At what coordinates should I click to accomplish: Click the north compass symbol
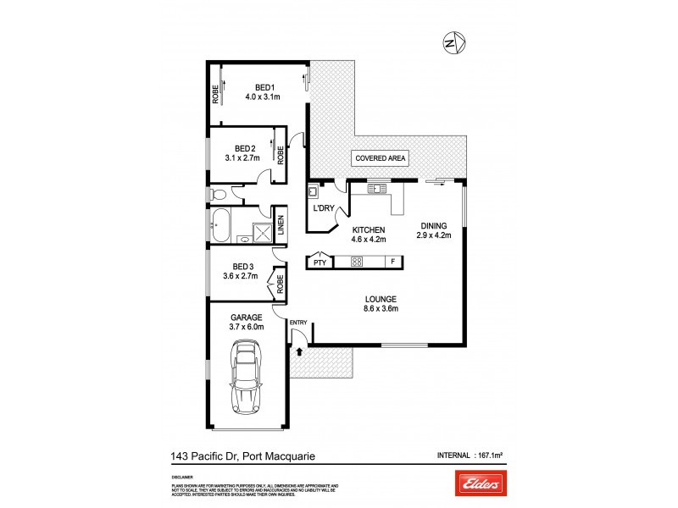point(455,41)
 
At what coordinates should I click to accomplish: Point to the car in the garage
point(246,378)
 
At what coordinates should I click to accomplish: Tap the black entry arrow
point(298,340)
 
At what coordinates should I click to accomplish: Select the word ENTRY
point(298,323)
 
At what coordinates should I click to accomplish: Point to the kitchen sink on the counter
point(376,188)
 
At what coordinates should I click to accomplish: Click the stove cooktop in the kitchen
point(357,262)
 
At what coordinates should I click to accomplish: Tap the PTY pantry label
point(320,263)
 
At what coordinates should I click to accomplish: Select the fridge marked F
point(392,262)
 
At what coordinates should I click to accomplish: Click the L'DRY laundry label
point(323,208)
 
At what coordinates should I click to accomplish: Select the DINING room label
point(436,225)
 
